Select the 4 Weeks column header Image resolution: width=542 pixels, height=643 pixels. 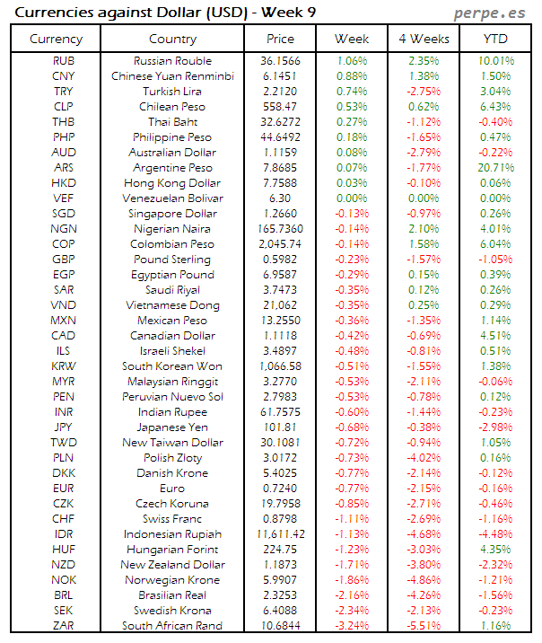[x=423, y=39]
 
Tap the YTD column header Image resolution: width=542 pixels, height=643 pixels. [x=494, y=39]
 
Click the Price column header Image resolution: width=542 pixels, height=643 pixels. [x=280, y=39]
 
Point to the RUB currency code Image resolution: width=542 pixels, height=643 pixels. [x=64, y=61]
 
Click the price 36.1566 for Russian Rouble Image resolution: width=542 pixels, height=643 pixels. [x=280, y=61]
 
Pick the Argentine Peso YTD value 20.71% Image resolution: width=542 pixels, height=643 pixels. [x=496, y=168]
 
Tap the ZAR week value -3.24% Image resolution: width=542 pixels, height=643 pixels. [x=351, y=626]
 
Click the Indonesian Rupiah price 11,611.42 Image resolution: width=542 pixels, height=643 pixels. [x=280, y=534]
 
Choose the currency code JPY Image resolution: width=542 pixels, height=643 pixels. [x=64, y=427]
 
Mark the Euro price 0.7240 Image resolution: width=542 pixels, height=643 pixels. [x=280, y=489]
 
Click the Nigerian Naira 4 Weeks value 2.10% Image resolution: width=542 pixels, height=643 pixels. [x=423, y=229]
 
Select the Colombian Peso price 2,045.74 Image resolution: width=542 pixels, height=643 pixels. [x=280, y=244]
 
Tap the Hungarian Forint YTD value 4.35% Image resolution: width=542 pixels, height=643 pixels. [x=496, y=550]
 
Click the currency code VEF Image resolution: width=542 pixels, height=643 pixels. [x=64, y=198]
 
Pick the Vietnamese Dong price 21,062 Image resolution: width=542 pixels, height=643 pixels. [x=280, y=305]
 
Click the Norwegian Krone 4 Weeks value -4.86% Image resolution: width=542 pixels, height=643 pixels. [x=423, y=580]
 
